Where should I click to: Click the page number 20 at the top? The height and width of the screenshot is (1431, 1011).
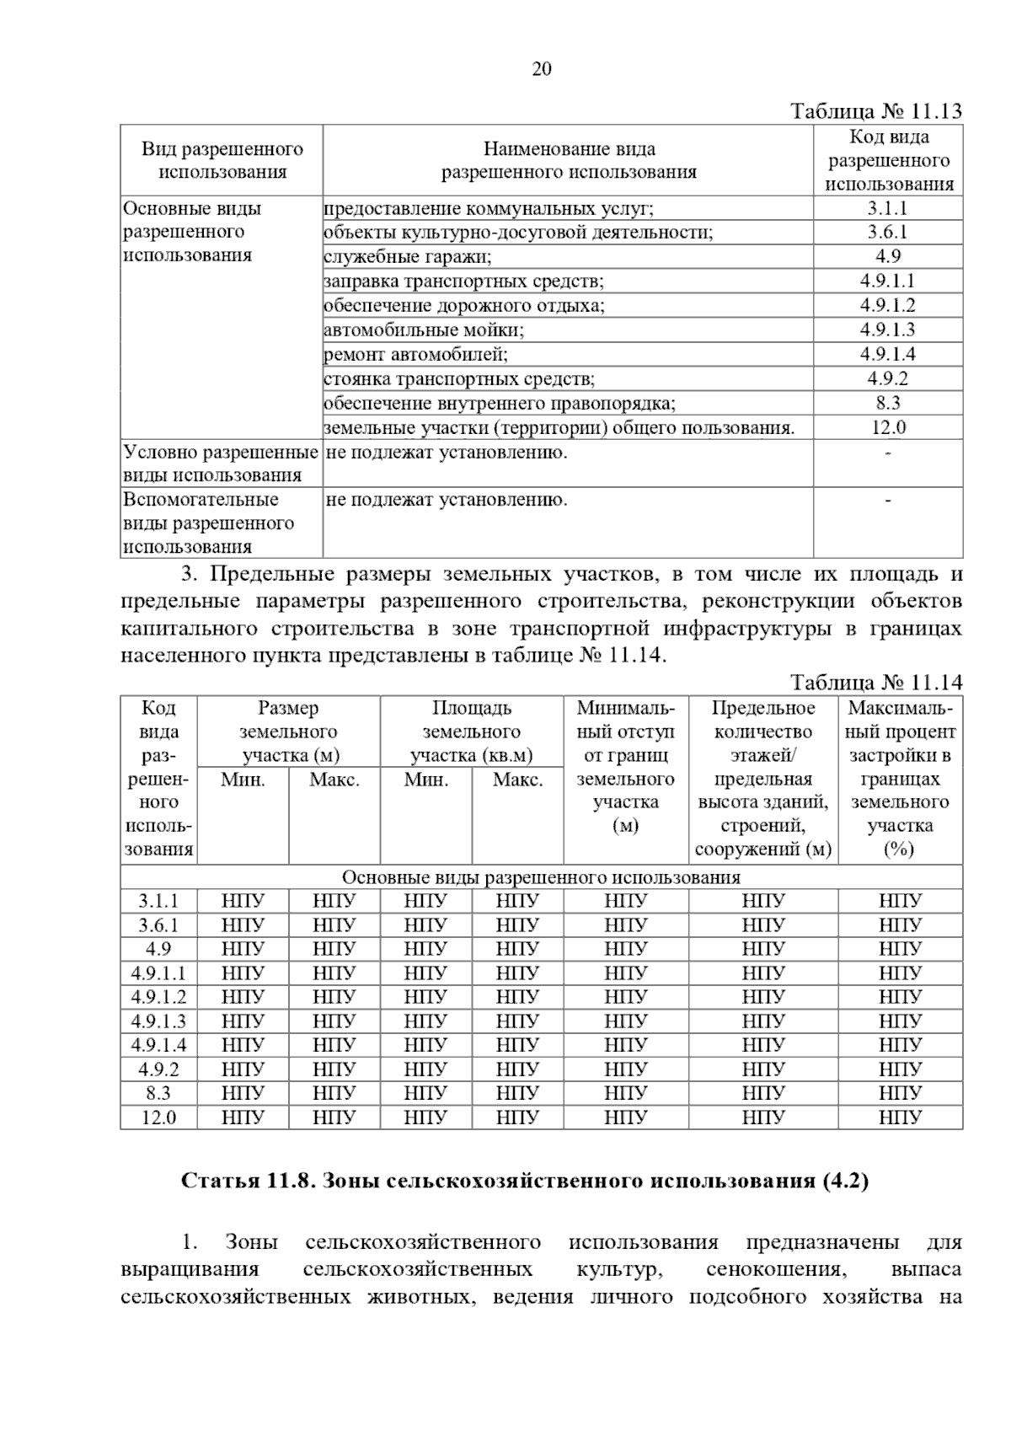541,69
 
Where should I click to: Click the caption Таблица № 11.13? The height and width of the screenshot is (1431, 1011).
875,112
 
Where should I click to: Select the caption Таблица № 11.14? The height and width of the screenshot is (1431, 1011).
875,682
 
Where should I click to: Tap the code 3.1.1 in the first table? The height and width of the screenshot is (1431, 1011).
887,208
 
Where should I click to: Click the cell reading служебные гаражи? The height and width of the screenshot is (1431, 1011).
408,256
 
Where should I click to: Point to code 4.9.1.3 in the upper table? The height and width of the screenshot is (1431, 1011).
887,330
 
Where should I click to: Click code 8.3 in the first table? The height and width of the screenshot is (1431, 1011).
887,403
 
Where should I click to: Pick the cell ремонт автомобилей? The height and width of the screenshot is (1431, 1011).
416,354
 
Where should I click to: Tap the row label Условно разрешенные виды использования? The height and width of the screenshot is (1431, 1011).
220,464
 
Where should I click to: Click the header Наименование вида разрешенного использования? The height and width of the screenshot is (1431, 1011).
569,160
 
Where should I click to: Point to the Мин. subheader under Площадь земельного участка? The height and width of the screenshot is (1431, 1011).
425,780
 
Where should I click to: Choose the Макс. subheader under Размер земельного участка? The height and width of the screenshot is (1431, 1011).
334,780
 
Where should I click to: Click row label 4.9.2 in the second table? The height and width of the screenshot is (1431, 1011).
158,1069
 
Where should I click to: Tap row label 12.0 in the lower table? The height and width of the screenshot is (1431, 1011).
158,1118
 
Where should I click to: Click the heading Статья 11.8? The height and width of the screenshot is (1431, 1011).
525,1180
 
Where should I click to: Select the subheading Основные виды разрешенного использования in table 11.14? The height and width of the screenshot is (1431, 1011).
541,877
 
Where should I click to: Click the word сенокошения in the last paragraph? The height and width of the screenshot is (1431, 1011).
773,1269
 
